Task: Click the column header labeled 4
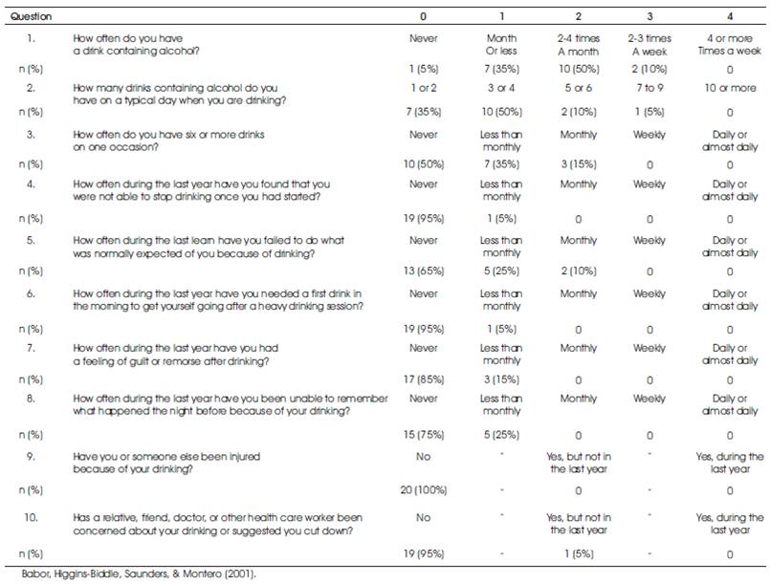pyautogui.click(x=730, y=16)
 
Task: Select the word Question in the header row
pyautogui.click(x=31, y=16)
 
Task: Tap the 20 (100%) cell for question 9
pyautogui.click(x=424, y=489)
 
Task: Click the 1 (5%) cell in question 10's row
pyautogui.click(x=579, y=553)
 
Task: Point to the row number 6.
pyautogui.click(x=31, y=293)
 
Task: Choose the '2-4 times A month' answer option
pyautogui.click(x=579, y=45)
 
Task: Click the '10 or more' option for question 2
pyautogui.click(x=730, y=88)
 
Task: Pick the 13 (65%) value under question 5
pyautogui.click(x=424, y=270)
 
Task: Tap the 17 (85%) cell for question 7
pyautogui.click(x=424, y=379)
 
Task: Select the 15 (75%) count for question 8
pyautogui.click(x=424, y=434)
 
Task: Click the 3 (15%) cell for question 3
pyautogui.click(x=579, y=163)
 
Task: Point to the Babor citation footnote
pyautogui.click(x=139, y=573)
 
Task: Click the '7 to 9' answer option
pyautogui.click(x=649, y=88)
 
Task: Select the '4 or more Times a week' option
pyautogui.click(x=730, y=45)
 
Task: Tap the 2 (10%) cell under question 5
pyautogui.click(x=579, y=270)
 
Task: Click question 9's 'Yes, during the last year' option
pyautogui.click(x=730, y=463)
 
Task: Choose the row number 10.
pyautogui.click(x=31, y=517)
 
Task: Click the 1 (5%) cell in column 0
pyautogui.click(x=424, y=69)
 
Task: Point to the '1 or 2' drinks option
pyautogui.click(x=424, y=88)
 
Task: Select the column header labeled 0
pyautogui.click(x=424, y=16)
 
